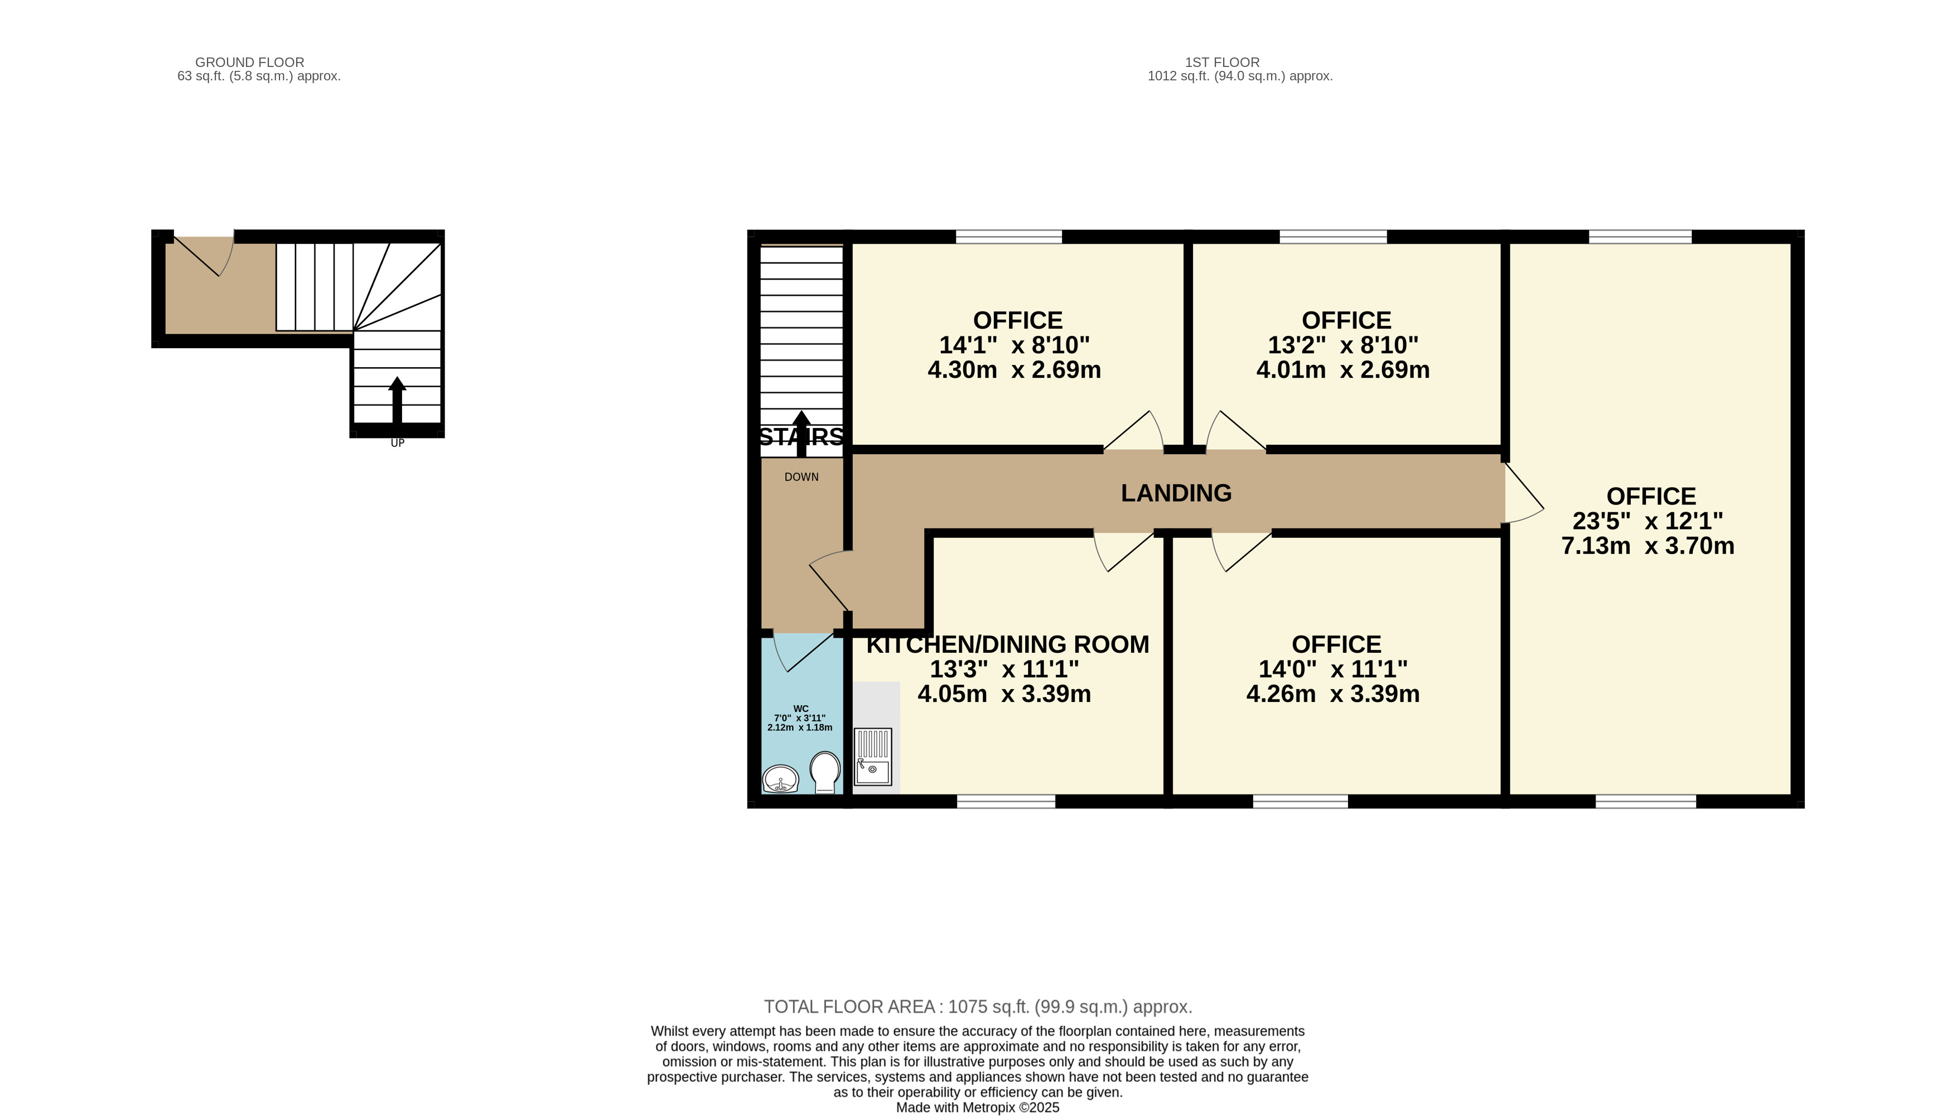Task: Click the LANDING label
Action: pos(1176,493)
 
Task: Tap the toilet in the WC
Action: pos(825,772)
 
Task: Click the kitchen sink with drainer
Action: pos(873,757)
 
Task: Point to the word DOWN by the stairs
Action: pos(801,477)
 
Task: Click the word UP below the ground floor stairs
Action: pos(397,443)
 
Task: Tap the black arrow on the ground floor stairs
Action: pos(397,400)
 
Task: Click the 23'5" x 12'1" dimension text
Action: pos(1648,521)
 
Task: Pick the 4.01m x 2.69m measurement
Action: pos(1342,370)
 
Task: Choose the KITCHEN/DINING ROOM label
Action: pos(1007,644)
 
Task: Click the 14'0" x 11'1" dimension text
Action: pos(1333,669)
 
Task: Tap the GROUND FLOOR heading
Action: pos(250,62)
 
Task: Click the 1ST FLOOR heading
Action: pos(1222,62)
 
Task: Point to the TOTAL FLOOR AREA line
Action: pos(978,1007)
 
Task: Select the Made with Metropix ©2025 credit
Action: pos(978,1108)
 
